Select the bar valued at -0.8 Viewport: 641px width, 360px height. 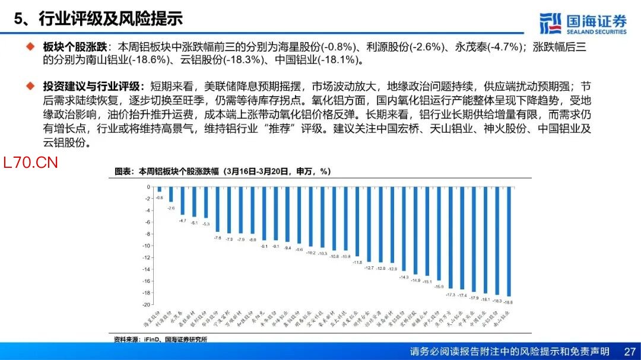pos(159,189)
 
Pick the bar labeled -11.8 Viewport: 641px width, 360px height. pos(357,221)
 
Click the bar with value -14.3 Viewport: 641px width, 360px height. pos(404,228)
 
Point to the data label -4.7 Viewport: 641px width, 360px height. pos(182,220)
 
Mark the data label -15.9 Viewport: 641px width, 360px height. pos(439,286)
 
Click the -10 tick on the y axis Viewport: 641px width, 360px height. pos(147,246)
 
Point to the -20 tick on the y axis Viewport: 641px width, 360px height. pos(147,304)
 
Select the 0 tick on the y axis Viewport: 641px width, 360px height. pos(148,187)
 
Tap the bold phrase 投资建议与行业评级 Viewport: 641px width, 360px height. pos(90,87)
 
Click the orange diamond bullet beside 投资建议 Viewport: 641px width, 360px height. pos(30,87)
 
